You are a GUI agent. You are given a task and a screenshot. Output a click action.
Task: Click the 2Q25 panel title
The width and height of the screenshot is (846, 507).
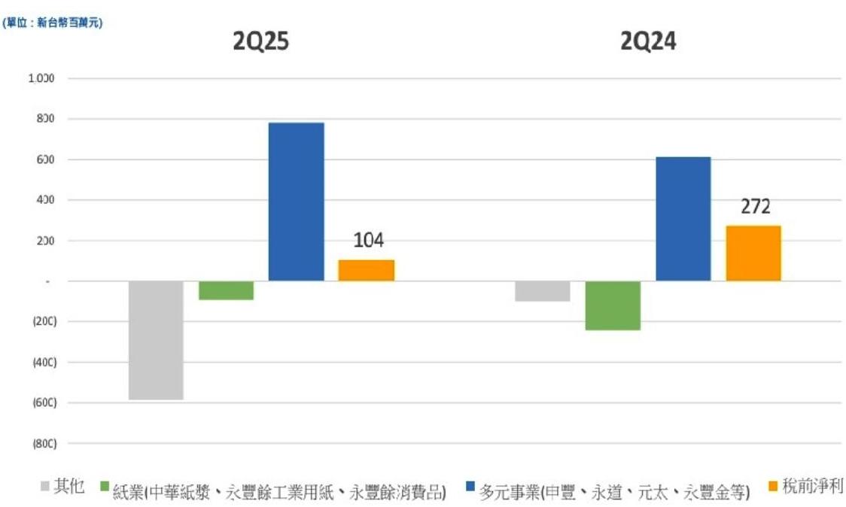click(260, 42)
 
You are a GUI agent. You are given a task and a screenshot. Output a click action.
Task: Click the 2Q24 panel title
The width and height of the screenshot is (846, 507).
click(648, 42)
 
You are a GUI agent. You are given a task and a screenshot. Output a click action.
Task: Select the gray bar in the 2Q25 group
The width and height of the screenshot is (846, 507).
click(156, 340)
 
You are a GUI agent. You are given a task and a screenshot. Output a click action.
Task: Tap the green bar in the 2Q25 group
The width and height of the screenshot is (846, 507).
click(226, 290)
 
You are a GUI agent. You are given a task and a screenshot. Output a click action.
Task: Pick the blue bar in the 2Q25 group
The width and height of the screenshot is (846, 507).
click(296, 202)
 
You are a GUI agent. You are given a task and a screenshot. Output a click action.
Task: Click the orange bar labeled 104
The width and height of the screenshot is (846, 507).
click(366, 270)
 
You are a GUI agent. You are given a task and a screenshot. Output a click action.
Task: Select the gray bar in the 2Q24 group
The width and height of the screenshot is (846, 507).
click(543, 291)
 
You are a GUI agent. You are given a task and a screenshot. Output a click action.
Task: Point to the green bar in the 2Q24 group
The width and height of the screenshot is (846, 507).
click(613, 305)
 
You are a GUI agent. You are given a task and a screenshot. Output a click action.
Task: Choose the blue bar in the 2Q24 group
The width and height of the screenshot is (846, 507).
click(683, 219)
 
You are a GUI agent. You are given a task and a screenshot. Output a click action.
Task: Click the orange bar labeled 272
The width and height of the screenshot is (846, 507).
click(753, 253)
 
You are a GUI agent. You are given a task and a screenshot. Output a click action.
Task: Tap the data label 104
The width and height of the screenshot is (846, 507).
click(368, 241)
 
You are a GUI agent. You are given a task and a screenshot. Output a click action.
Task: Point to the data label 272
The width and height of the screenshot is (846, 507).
click(756, 207)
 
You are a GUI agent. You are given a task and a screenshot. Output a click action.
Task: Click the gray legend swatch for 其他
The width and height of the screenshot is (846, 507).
click(45, 487)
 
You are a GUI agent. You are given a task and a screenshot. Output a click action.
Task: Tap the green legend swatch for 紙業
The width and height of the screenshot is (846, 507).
click(105, 487)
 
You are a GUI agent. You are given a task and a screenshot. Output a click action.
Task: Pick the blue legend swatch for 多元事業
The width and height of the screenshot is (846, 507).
click(470, 487)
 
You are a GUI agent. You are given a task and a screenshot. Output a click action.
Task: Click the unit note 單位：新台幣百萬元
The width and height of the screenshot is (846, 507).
click(53, 23)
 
